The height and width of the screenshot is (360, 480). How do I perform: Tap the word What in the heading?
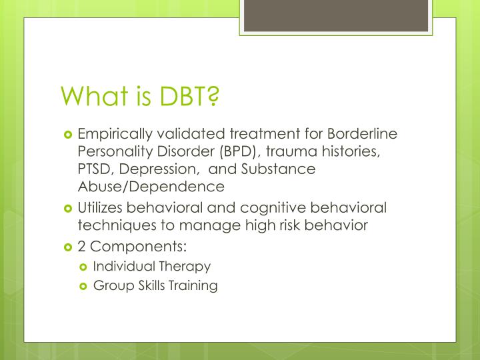[90, 97]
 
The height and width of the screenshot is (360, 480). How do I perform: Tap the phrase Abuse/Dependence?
[151, 186]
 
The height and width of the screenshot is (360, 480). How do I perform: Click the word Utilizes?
[102, 208]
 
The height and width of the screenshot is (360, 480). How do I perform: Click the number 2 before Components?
[81, 247]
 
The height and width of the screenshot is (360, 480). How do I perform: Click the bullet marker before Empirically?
[67, 135]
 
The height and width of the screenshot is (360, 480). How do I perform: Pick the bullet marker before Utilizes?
[67, 209]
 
